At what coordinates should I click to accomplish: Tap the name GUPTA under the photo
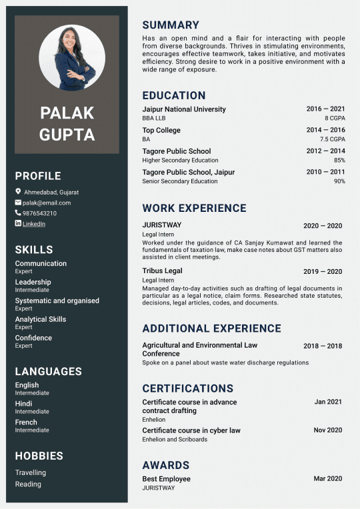67,135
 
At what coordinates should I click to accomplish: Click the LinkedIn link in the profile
34,224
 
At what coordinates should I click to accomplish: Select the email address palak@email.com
47,203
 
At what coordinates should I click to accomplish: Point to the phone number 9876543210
39,213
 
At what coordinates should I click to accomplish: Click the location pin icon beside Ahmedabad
18,192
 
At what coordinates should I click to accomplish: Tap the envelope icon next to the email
18,203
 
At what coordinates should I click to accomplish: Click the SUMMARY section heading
171,25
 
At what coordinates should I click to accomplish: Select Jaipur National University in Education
184,109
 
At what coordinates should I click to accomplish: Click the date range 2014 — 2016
325,131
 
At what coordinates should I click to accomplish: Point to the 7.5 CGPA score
332,139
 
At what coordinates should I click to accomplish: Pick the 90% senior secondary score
339,181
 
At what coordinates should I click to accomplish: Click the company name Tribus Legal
162,271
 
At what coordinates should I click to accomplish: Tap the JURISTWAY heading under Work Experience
161,225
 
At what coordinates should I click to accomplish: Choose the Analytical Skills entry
41,319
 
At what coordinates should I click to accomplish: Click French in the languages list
26,422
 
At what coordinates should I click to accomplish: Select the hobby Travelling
31,472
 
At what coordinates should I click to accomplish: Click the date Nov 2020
327,430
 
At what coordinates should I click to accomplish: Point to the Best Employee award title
166,479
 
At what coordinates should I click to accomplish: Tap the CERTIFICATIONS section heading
187,388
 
